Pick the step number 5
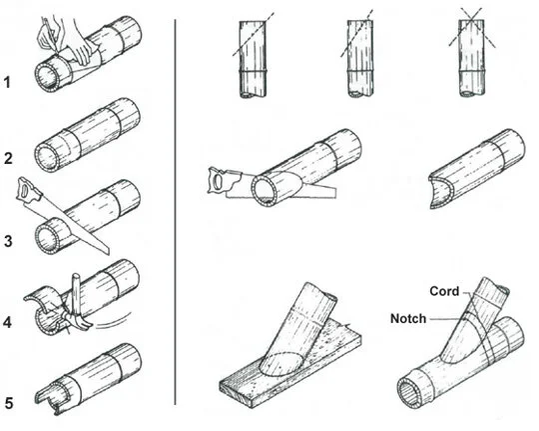coord(9,405)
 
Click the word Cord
coord(444,291)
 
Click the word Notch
coord(408,318)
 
